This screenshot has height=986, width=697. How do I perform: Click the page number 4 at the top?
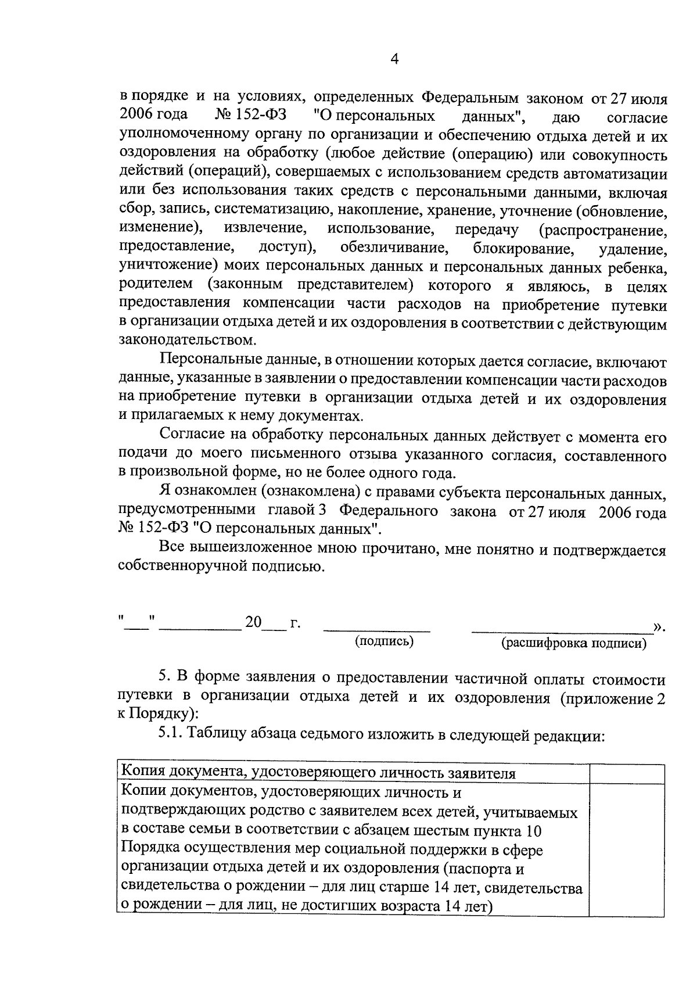(394, 60)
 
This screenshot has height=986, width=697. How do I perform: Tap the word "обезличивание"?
(394, 248)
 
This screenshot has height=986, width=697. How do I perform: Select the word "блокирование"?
(523, 249)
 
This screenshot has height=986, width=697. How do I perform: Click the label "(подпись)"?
(384, 641)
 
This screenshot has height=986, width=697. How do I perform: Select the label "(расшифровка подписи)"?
(574, 643)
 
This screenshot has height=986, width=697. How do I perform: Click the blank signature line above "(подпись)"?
(376, 630)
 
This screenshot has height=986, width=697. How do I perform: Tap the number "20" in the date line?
(253, 623)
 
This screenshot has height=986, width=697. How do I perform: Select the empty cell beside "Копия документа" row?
(627, 774)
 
